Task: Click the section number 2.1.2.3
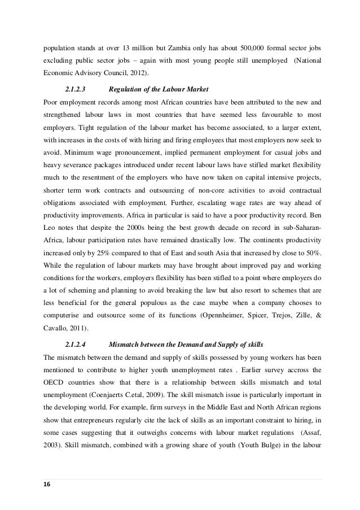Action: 77,89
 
